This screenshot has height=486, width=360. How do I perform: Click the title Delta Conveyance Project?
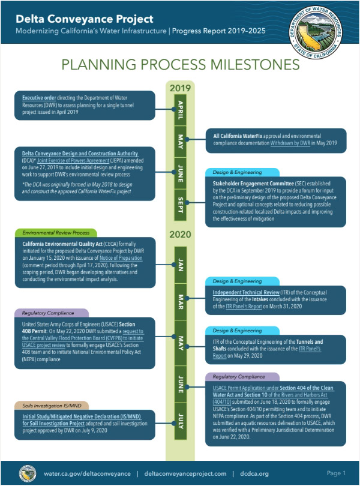coord(84,19)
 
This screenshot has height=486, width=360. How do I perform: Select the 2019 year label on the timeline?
coord(179,89)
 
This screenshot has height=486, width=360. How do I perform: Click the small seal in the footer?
coord(26,472)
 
